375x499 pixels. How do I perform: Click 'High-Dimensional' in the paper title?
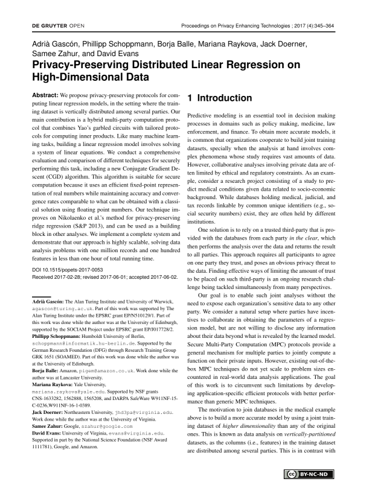(72, 77)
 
